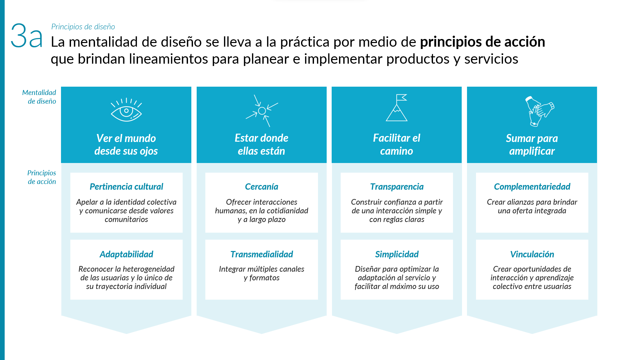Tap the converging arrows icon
(262, 111)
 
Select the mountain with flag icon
(397, 108)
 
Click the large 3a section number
(27, 36)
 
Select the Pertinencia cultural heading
(126, 187)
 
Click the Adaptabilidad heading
(126, 254)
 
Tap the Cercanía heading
(262, 187)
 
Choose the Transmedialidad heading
(262, 254)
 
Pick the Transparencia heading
(397, 187)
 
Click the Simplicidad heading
(397, 254)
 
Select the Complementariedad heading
(532, 187)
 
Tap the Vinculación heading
(532, 254)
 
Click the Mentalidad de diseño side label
(39, 97)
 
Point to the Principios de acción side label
(42, 177)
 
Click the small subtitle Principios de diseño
(83, 27)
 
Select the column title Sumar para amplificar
(532, 145)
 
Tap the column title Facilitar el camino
(397, 145)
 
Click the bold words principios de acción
(482, 42)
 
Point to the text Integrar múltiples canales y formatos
(262, 273)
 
